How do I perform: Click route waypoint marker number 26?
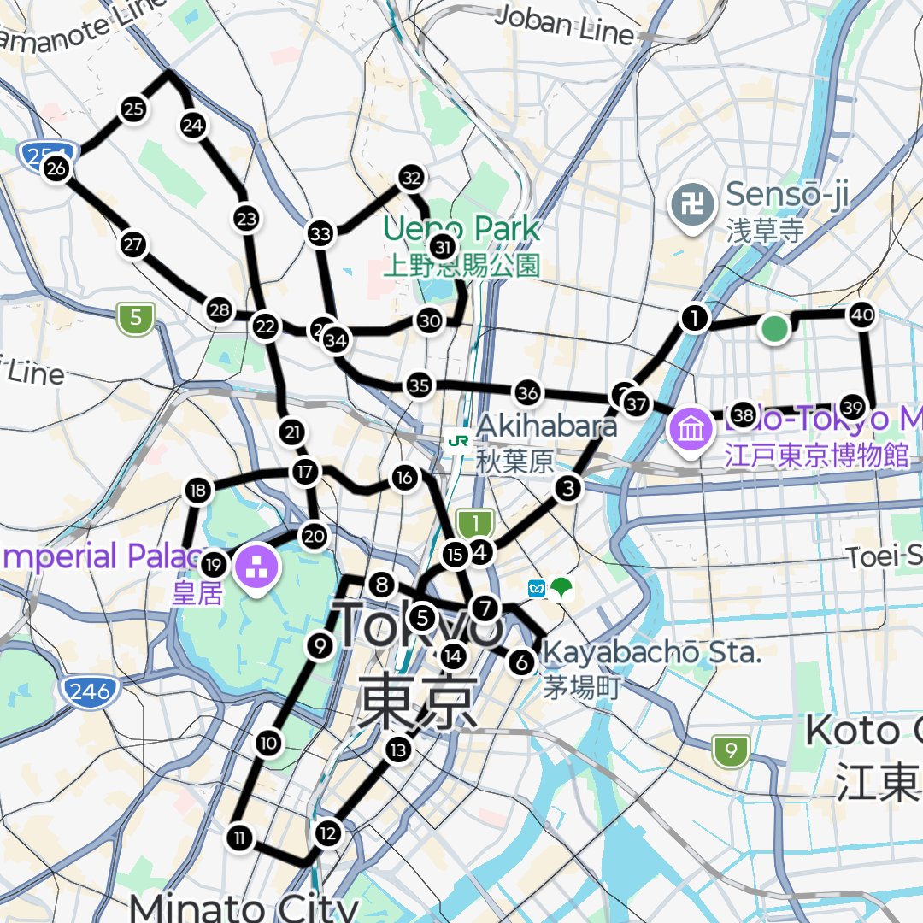(56, 169)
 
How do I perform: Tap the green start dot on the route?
(774, 329)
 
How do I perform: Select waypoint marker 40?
(862, 315)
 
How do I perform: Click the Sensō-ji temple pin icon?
(691, 205)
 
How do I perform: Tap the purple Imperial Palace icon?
(255, 565)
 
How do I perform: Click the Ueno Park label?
(461, 229)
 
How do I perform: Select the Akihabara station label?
(547, 425)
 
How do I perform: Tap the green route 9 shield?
(731, 752)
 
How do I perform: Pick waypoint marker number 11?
(240, 838)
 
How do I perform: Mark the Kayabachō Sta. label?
(651, 654)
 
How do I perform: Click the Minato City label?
(244, 906)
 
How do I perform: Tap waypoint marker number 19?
(214, 564)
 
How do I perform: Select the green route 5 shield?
(136, 320)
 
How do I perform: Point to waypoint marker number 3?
(568, 489)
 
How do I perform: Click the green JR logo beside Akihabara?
(459, 440)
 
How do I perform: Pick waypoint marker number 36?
(528, 393)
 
